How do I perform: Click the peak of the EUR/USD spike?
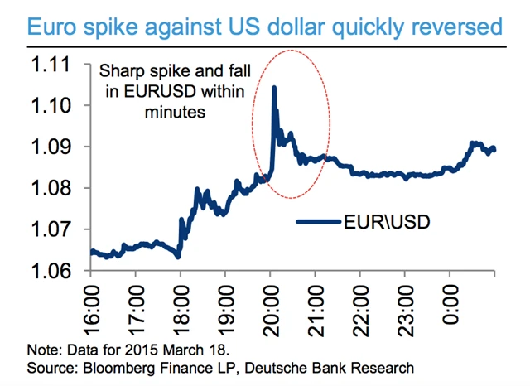pos(273,87)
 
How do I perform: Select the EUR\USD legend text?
pos(386,222)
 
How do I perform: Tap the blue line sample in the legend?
pos(319,222)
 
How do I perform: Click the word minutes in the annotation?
pos(176,111)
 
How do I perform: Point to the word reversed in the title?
pos(458,27)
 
